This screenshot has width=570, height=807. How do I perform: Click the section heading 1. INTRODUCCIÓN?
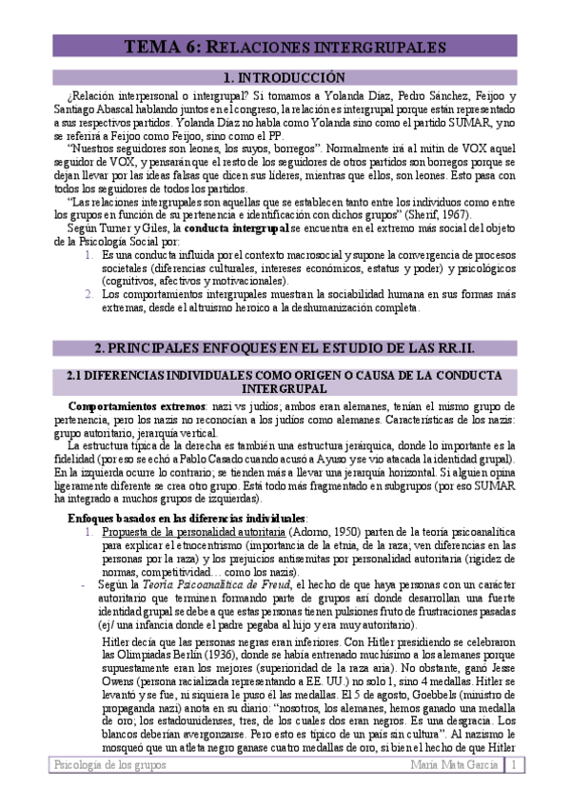(x=283, y=78)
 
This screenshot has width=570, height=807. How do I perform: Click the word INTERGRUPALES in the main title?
(x=378, y=47)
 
